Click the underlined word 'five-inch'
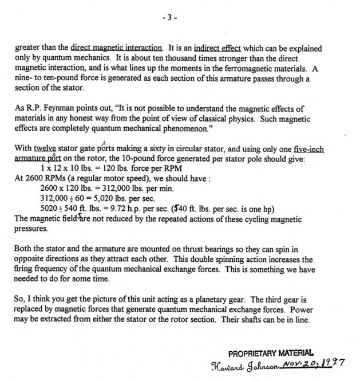click(307, 149)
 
